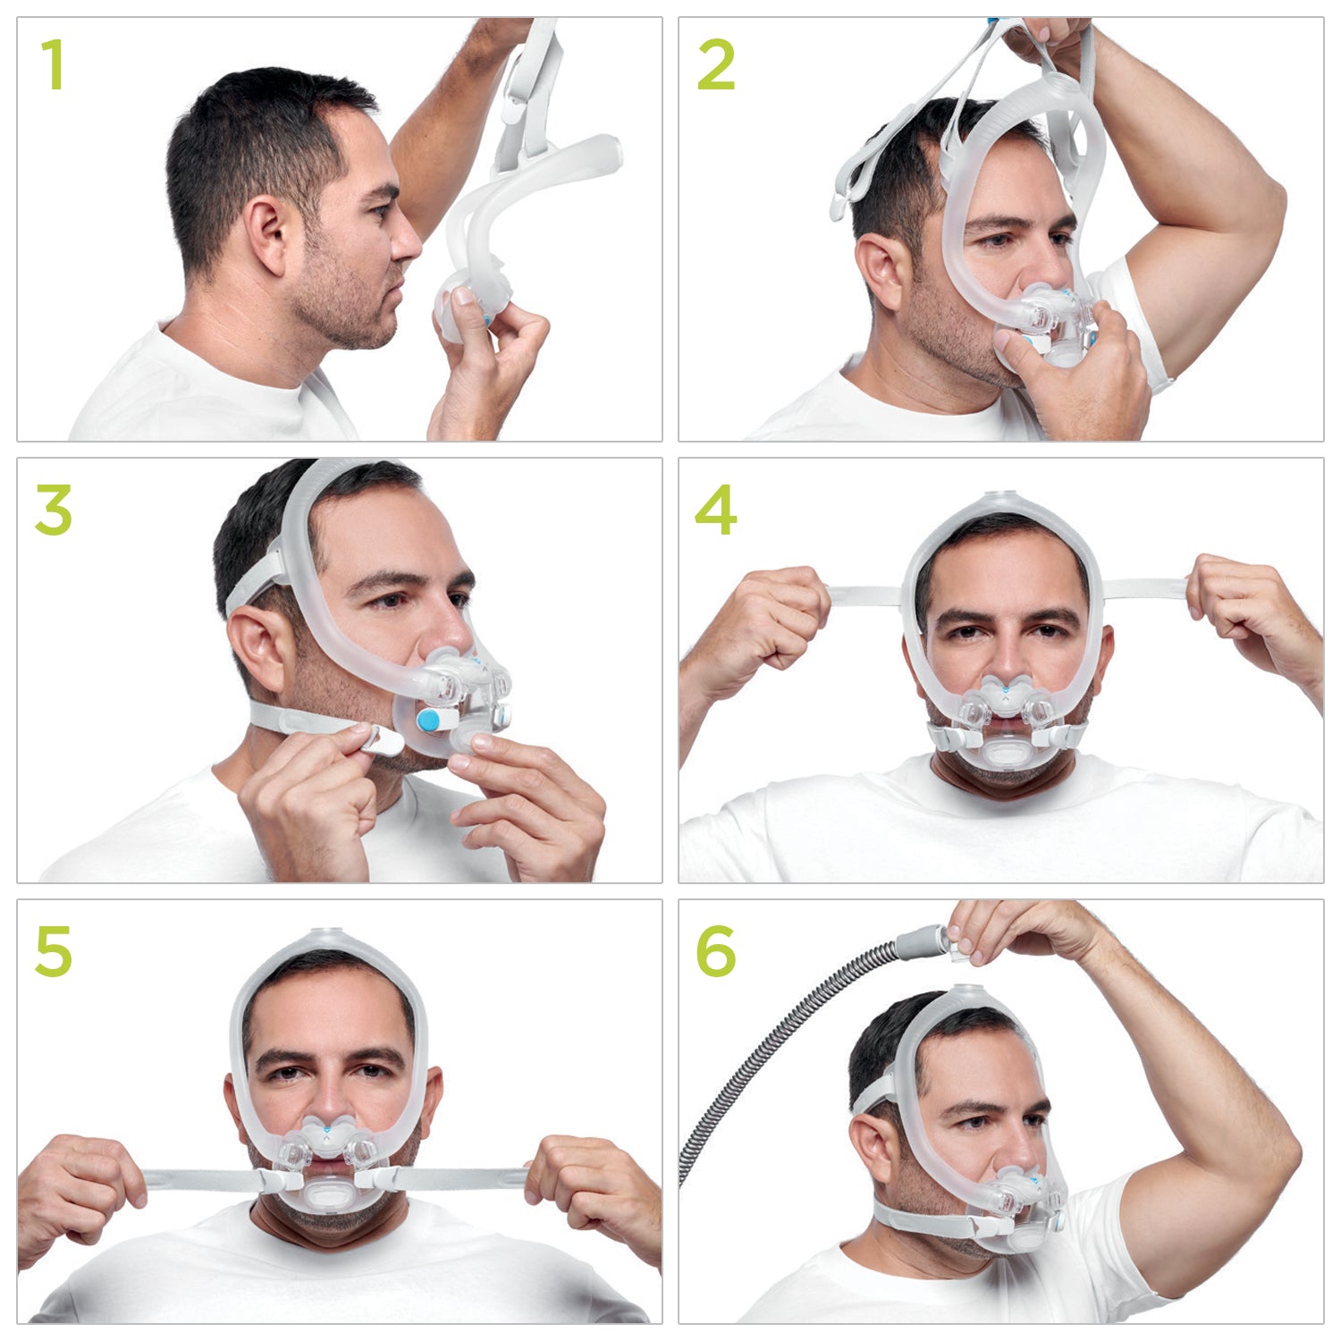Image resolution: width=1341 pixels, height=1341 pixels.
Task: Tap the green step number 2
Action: pyautogui.click(x=715, y=65)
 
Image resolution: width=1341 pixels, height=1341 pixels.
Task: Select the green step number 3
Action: pyautogui.click(x=54, y=510)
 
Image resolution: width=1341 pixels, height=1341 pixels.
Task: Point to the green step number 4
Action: pyautogui.click(x=715, y=510)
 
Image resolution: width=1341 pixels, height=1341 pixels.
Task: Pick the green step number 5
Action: pyautogui.click(x=54, y=951)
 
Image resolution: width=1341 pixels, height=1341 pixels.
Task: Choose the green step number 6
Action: pyautogui.click(x=715, y=951)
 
